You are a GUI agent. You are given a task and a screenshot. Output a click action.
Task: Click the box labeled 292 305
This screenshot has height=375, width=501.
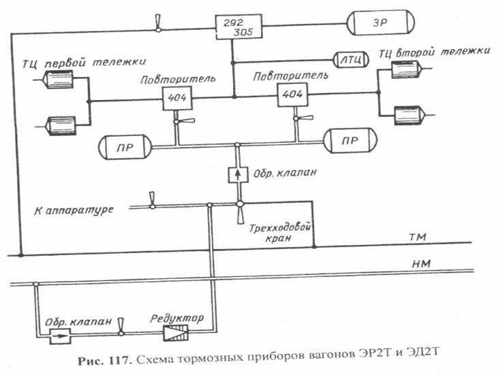pyautogui.click(x=239, y=27)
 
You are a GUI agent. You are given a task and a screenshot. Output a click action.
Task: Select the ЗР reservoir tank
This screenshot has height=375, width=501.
pyautogui.click(x=380, y=22)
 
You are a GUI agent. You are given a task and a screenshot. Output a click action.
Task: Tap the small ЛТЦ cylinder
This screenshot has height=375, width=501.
pyautogui.click(x=351, y=60)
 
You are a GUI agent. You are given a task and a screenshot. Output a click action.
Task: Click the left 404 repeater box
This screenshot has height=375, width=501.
pyautogui.click(x=177, y=98)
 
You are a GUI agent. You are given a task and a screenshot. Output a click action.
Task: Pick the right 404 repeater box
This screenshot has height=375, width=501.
pyautogui.click(x=292, y=95)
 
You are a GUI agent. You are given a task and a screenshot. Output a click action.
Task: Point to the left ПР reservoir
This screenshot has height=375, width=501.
pyautogui.click(x=125, y=147)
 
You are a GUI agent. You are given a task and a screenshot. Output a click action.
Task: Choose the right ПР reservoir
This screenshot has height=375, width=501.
pyautogui.click(x=350, y=141)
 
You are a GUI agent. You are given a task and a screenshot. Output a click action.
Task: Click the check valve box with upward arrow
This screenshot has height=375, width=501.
pyautogui.click(x=238, y=175)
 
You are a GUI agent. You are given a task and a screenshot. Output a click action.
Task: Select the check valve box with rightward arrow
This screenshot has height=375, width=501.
pyautogui.click(x=61, y=336)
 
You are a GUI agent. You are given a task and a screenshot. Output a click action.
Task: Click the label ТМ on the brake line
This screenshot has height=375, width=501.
pyautogui.click(x=418, y=237)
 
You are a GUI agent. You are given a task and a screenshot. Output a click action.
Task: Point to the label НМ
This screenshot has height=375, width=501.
pyautogui.click(x=421, y=263)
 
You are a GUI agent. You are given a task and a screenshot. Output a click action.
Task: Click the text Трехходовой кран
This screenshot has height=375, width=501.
pyautogui.click(x=279, y=233)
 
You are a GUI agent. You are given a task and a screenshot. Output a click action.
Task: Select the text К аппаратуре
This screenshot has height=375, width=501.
pyautogui.click(x=74, y=210)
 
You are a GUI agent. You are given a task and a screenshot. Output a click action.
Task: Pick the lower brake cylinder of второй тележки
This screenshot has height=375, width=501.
pyautogui.click(x=410, y=115)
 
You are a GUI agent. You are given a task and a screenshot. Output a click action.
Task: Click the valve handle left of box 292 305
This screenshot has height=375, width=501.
pyautogui.click(x=158, y=23)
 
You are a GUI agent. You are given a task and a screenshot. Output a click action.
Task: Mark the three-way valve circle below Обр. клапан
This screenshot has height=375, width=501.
pyautogui.click(x=240, y=203)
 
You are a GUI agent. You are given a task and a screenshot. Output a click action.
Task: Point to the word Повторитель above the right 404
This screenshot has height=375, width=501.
pyautogui.click(x=290, y=76)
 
